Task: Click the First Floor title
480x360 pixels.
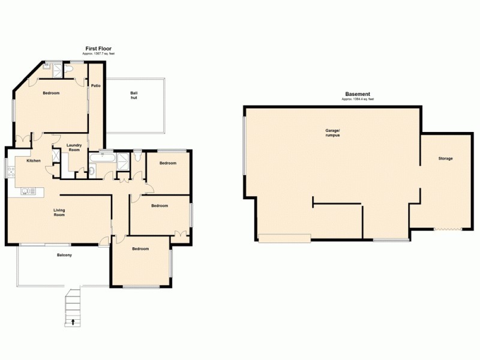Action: [98, 49]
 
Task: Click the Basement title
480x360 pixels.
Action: [358, 94]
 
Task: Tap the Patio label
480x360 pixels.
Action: [95, 86]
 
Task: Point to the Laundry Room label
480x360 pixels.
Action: [74, 147]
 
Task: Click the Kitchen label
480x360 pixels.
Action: [33, 161]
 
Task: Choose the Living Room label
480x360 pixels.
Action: [59, 212]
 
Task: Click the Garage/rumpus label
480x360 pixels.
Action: [332, 133]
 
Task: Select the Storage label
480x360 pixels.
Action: [445, 158]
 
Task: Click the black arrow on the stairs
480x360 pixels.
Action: [73, 322]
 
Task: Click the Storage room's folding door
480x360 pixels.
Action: [448, 229]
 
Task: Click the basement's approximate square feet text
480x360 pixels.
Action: [358, 100]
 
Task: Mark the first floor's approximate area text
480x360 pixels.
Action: [98, 54]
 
